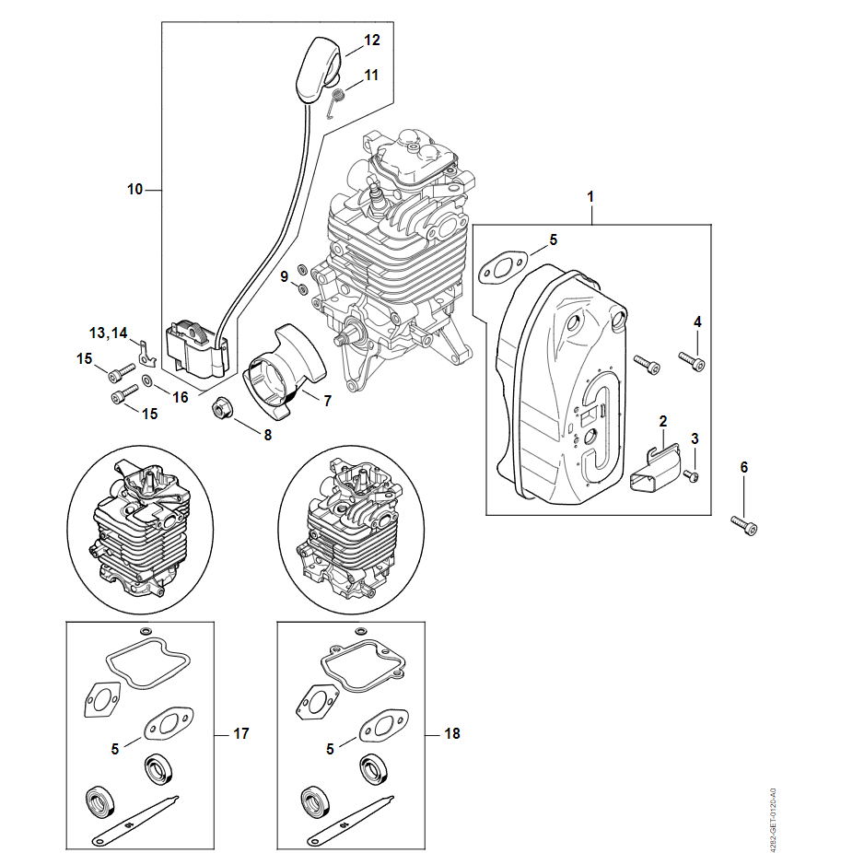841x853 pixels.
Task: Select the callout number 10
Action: pos(135,190)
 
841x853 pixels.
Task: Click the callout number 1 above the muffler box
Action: pos(590,197)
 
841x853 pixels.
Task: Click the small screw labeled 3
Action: pos(693,475)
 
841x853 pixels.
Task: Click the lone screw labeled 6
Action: pos(745,524)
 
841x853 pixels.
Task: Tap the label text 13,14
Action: pos(109,332)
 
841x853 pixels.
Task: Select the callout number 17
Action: pos(240,734)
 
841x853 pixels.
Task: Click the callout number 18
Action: pos(451,734)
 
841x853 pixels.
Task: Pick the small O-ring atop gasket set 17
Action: pos(144,631)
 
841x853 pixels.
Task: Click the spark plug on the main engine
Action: pos(377,196)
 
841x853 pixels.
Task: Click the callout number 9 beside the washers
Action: pos(284,275)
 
